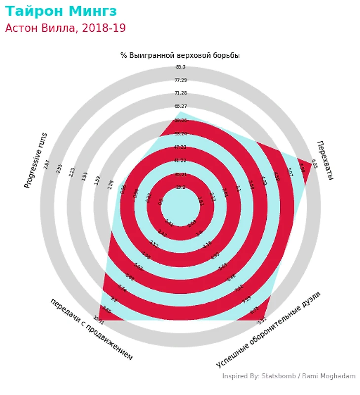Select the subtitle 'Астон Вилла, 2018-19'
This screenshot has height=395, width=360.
65,28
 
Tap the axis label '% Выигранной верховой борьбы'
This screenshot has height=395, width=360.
180,55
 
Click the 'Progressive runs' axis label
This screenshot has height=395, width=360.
36,160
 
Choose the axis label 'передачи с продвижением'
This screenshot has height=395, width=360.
91,329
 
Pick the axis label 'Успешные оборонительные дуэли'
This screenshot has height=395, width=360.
268,329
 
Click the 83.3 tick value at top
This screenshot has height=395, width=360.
180,67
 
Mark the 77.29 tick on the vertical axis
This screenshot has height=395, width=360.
180,80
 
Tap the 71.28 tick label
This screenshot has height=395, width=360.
180,93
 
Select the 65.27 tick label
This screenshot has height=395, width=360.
180,107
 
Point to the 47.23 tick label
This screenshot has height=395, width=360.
180,147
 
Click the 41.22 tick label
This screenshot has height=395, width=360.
180,160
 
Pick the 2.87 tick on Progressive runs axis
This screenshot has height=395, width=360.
47,164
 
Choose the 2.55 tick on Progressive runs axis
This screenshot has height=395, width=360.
60,168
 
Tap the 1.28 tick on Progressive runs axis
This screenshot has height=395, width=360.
110,185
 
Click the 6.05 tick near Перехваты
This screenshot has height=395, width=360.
314,164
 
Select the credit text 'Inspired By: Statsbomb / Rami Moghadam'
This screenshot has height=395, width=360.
288,376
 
